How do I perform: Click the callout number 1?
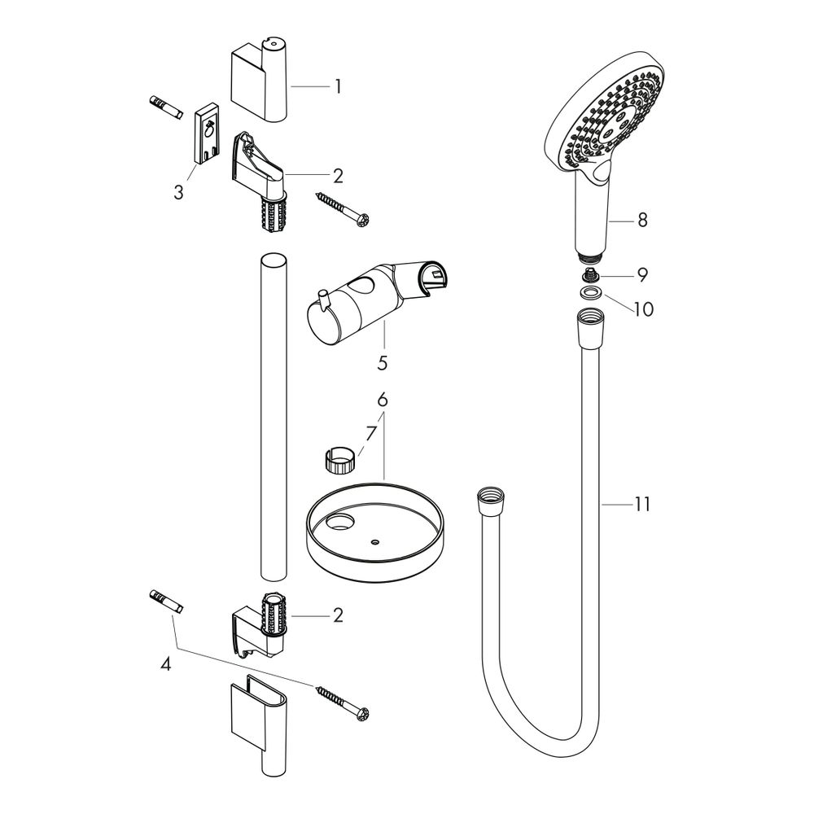(x=339, y=86)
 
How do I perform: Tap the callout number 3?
(x=178, y=193)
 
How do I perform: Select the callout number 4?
(x=165, y=664)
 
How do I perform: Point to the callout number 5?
(x=382, y=363)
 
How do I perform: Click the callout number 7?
(x=370, y=434)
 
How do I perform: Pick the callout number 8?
(x=643, y=220)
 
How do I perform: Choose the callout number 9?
(x=643, y=274)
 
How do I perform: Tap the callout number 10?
(x=644, y=309)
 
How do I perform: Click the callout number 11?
(x=642, y=504)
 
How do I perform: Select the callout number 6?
(x=383, y=400)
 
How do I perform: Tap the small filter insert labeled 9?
(x=589, y=274)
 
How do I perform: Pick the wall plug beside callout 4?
(x=166, y=602)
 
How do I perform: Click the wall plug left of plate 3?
(x=166, y=108)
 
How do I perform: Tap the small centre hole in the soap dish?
(x=375, y=541)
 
